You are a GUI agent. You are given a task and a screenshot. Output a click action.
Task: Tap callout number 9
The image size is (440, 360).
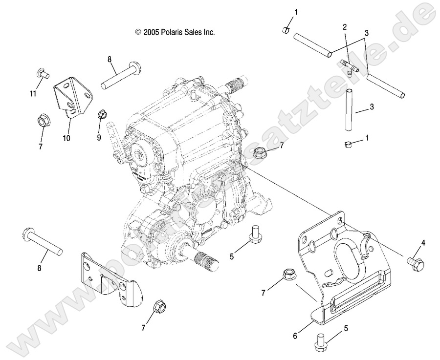point(99,138)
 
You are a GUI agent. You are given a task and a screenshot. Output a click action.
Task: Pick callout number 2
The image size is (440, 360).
point(345,27)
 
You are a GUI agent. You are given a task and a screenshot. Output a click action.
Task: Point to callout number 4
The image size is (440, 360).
point(423,243)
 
